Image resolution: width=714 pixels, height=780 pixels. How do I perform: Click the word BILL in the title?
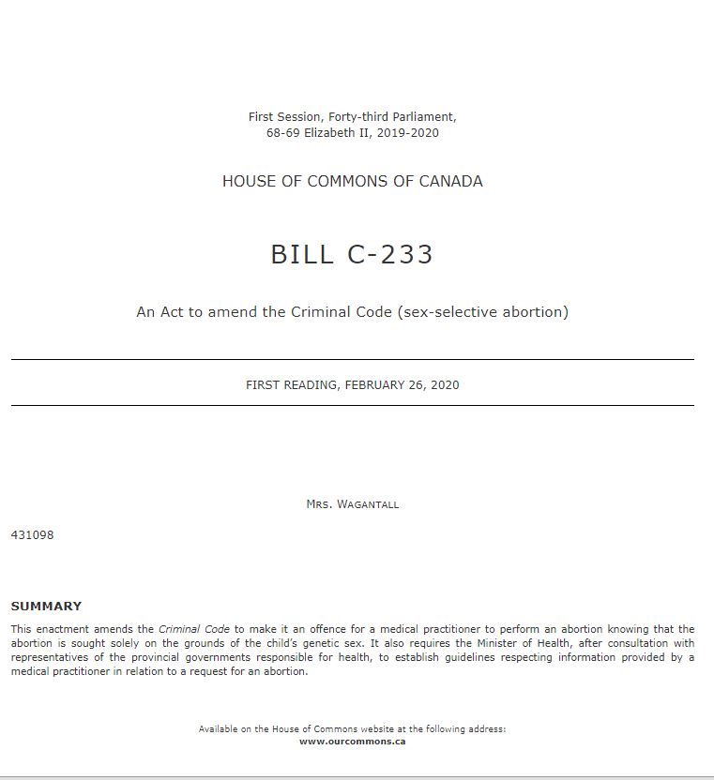coord(302,255)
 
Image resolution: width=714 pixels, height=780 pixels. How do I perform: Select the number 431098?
coord(32,535)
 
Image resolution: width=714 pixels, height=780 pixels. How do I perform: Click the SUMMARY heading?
coord(46,607)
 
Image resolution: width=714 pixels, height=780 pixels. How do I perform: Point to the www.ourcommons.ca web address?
coord(352,741)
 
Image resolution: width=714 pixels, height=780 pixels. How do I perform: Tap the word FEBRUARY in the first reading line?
coord(377,384)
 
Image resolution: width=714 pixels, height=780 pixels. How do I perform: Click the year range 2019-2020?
coord(409,132)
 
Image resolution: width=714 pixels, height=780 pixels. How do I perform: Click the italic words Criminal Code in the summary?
coord(194,629)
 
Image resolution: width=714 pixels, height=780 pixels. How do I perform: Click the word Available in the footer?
coord(219,728)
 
